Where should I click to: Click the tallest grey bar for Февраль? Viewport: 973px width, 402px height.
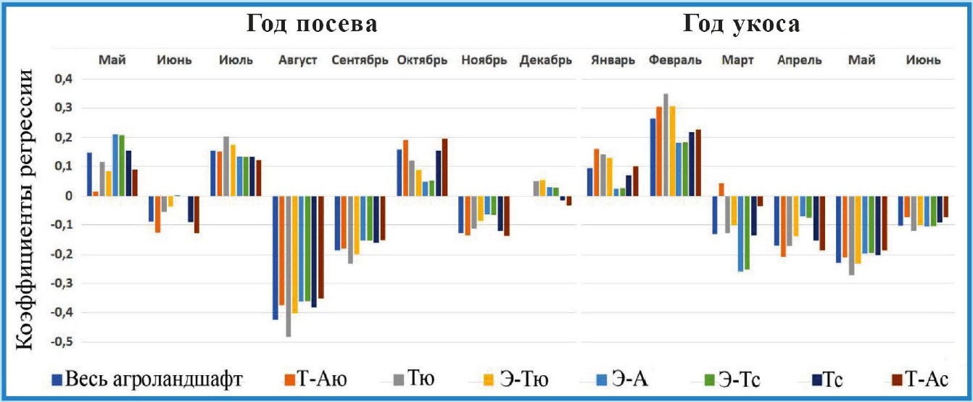[666, 144]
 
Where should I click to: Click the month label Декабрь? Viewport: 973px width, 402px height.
[546, 60]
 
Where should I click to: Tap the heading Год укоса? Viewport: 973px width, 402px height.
[741, 25]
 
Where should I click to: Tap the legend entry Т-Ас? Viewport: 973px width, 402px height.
[924, 379]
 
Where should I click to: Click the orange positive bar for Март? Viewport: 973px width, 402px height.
[721, 189]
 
